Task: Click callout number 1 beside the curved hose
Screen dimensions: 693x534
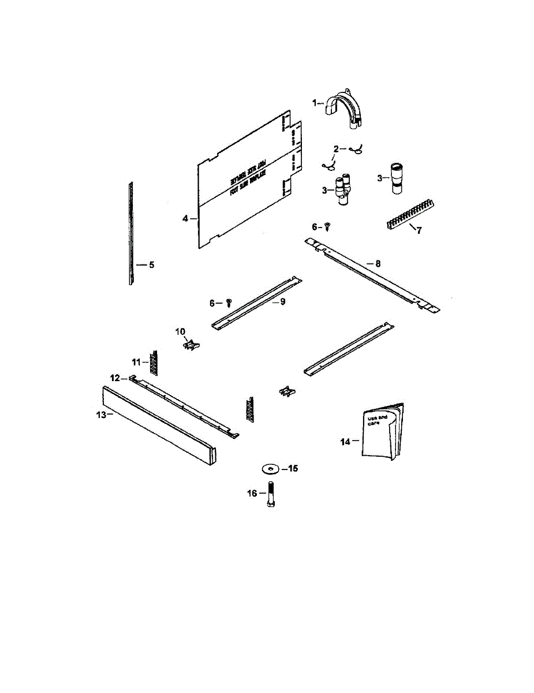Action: click(315, 102)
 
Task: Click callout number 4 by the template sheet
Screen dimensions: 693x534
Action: click(185, 218)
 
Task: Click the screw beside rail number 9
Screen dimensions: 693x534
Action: click(229, 302)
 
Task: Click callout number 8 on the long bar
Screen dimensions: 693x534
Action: click(378, 263)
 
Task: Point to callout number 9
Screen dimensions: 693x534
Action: click(283, 301)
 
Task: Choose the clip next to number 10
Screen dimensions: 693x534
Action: click(192, 345)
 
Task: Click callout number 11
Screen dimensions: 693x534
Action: click(136, 362)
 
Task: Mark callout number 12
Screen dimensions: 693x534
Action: click(115, 378)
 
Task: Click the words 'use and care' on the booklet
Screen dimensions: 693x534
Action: click(375, 419)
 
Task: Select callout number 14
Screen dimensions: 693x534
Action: click(345, 442)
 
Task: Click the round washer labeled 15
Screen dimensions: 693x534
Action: click(269, 468)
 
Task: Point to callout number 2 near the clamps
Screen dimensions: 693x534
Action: click(335, 149)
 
